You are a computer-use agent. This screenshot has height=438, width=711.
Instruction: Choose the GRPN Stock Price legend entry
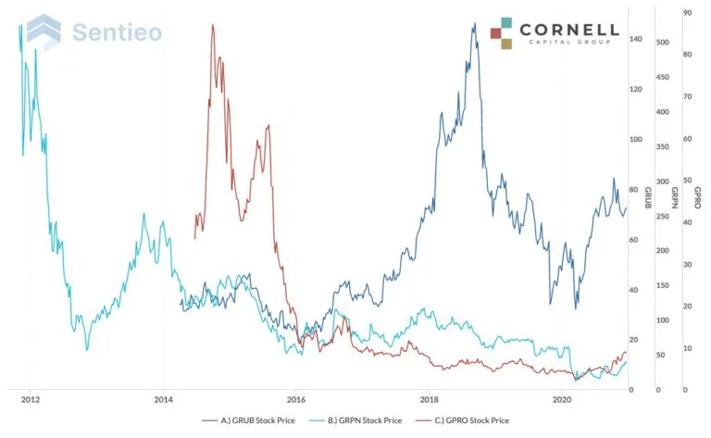click(x=364, y=419)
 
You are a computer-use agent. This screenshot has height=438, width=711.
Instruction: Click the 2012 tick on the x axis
click(x=30, y=400)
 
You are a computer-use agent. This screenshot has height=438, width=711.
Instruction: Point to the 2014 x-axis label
click(x=163, y=400)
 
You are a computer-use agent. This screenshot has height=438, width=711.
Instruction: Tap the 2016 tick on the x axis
click(x=296, y=400)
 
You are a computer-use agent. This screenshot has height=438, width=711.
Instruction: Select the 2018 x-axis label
click(x=429, y=400)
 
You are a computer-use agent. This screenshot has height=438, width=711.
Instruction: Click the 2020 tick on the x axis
click(x=562, y=400)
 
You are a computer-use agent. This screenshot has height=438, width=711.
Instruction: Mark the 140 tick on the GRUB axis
click(x=635, y=40)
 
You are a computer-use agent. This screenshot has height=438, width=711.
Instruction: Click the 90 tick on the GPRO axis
click(x=688, y=13)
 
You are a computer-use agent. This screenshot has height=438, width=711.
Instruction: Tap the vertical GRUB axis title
click(x=648, y=197)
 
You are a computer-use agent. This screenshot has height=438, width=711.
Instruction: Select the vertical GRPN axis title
click(x=673, y=197)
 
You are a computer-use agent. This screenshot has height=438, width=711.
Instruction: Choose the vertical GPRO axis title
click(x=697, y=197)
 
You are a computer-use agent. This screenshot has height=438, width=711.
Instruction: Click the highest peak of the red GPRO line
click(x=213, y=25)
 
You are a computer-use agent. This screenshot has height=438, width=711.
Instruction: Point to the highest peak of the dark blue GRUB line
click(x=474, y=24)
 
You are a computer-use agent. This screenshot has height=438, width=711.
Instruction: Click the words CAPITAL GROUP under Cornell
click(x=569, y=43)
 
